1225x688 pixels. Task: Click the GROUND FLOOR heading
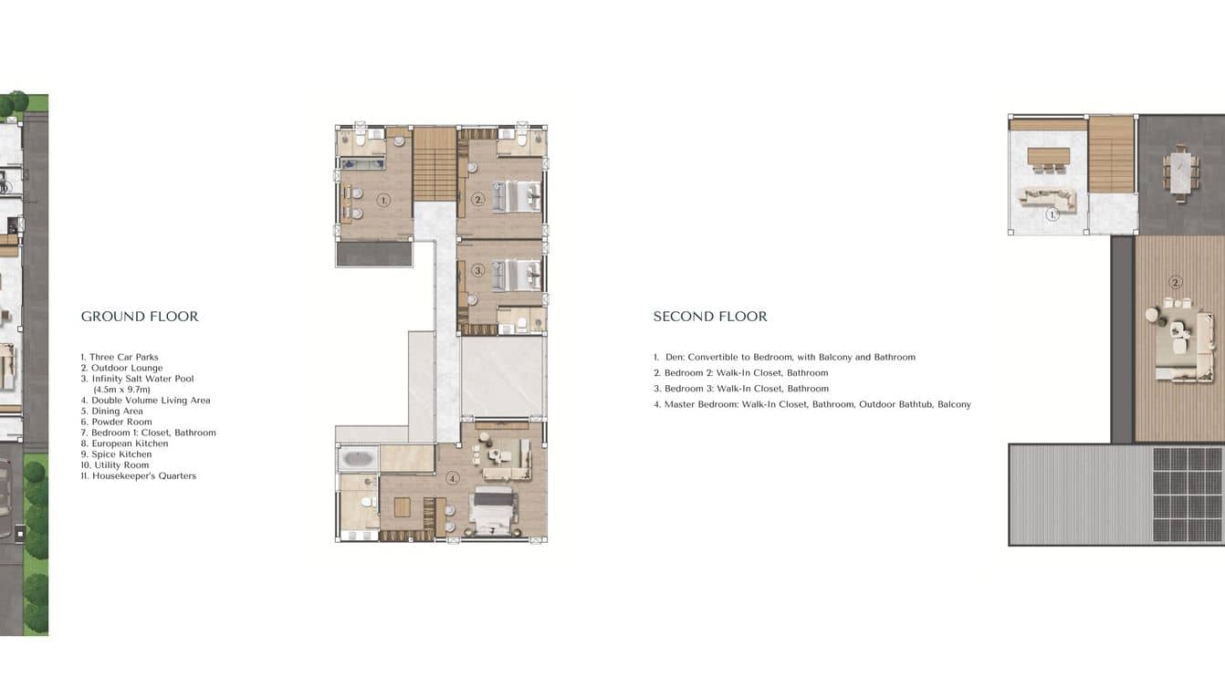pyautogui.click(x=140, y=317)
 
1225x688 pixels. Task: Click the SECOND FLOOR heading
pyautogui.click(x=710, y=317)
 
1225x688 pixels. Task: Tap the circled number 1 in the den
pyautogui.click(x=384, y=201)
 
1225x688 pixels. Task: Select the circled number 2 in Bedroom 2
pyautogui.click(x=478, y=200)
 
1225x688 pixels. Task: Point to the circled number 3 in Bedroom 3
pyautogui.click(x=478, y=270)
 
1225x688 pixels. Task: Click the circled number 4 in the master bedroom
pyautogui.click(x=452, y=479)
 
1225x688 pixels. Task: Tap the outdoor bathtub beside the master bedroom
pyautogui.click(x=358, y=458)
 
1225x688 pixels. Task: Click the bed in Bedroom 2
pyautogui.click(x=517, y=196)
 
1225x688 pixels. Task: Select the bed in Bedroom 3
pyautogui.click(x=517, y=275)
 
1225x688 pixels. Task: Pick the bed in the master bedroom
pyautogui.click(x=493, y=510)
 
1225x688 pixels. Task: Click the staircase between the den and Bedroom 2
pyautogui.click(x=435, y=164)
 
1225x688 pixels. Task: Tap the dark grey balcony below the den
pyautogui.click(x=374, y=254)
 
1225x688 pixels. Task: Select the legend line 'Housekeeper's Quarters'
pyautogui.click(x=139, y=476)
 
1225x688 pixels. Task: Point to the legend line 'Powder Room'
pyautogui.click(x=117, y=422)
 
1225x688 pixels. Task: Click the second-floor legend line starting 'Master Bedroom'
pyautogui.click(x=812, y=404)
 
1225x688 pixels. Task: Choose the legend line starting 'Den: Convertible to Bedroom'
pyautogui.click(x=784, y=358)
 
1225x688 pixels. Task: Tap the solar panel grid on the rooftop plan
pyautogui.click(x=1188, y=495)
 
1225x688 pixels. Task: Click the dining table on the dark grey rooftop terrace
pyautogui.click(x=1181, y=172)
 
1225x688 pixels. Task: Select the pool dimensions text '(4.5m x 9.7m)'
pyautogui.click(x=121, y=390)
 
